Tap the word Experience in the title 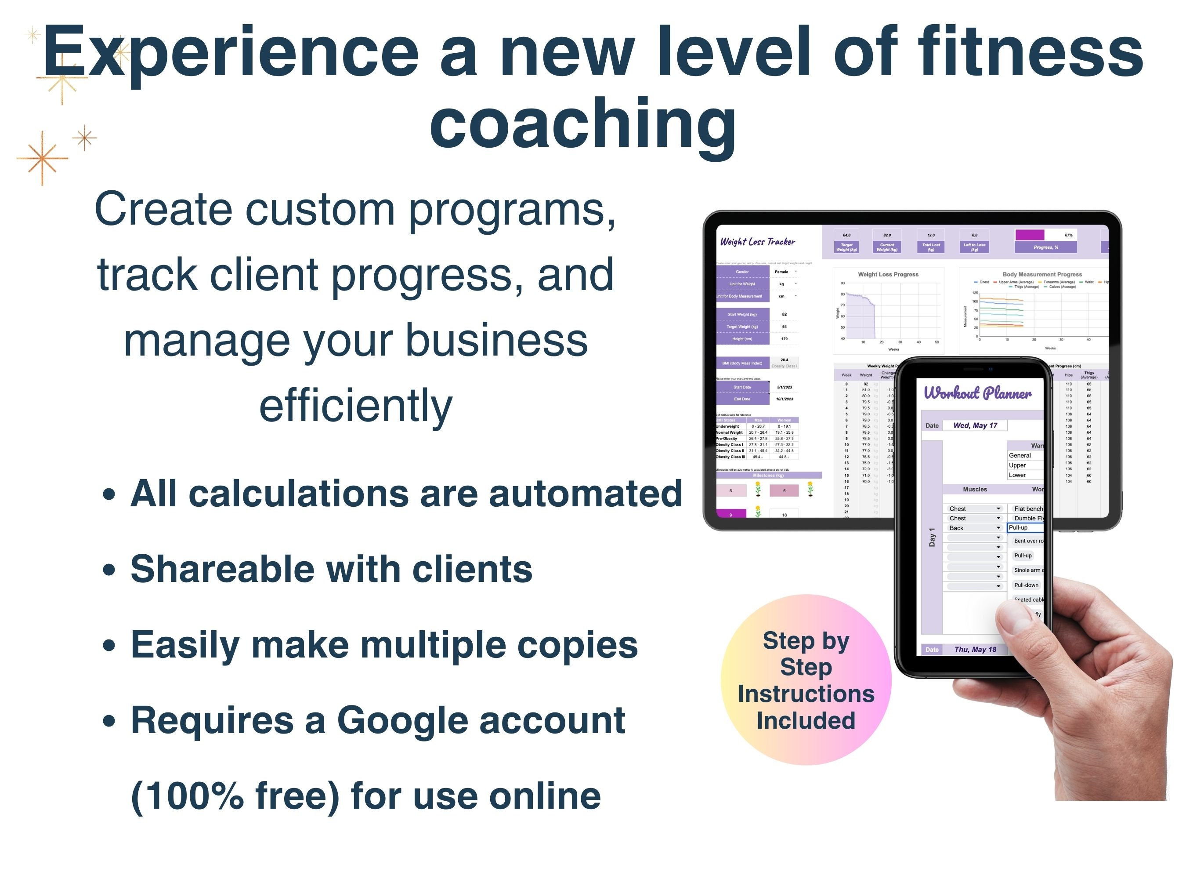(x=231, y=53)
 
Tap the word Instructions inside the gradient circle (x=806, y=694)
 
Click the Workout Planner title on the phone (x=977, y=393)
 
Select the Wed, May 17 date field (x=975, y=425)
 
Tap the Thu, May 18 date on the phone (x=975, y=650)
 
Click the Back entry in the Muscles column (x=957, y=528)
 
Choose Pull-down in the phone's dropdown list (x=1026, y=585)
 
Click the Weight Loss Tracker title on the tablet (x=757, y=242)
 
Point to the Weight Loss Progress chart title (x=888, y=274)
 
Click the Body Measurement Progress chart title (x=1042, y=274)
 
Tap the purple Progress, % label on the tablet (x=1045, y=247)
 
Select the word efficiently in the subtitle (x=355, y=406)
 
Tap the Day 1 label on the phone (x=932, y=537)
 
